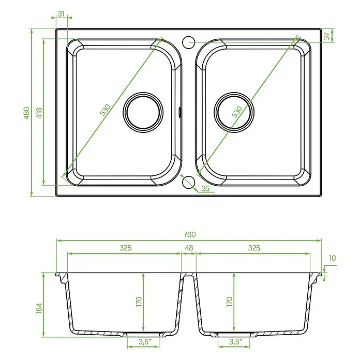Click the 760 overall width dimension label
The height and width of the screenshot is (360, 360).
(x=190, y=234)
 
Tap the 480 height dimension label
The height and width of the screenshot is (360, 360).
(x=27, y=113)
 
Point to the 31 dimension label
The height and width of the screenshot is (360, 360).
(x=61, y=14)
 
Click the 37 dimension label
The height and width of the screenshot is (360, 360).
(x=327, y=36)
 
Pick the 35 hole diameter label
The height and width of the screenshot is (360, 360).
(x=206, y=188)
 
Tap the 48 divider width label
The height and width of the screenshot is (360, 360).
(x=189, y=248)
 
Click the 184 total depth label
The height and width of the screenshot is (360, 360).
(x=39, y=308)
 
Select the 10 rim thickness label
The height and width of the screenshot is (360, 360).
(x=332, y=258)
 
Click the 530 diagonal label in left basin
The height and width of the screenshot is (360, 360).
(x=106, y=110)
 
